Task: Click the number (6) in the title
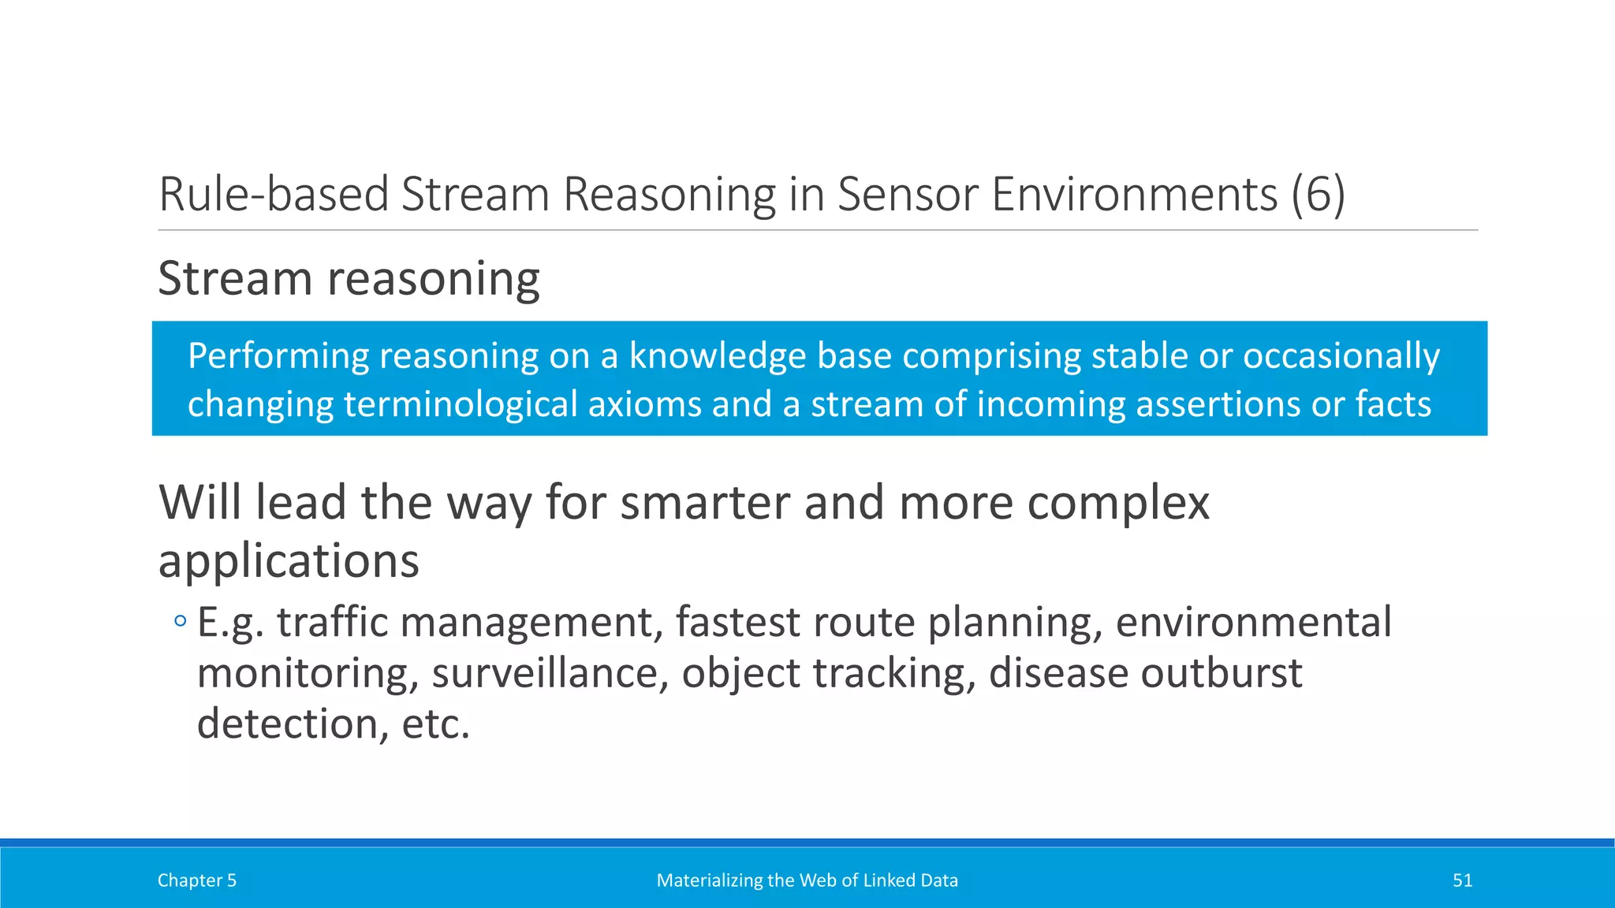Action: click(x=1318, y=194)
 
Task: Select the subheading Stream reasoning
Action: click(x=349, y=278)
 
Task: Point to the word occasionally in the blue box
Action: click(x=1341, y=355)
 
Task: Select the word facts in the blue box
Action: click(x=1393, y=404)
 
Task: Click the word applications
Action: click(x=289, y=561)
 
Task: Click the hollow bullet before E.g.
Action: click(x=181, y=622)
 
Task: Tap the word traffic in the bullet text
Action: click(x=333, y=622)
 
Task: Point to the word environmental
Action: click(x=1253, y=622)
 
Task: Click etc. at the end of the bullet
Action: click(x=435, y=724)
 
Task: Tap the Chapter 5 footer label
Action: click(x=196, y=880)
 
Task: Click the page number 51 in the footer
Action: click(x=1462, y=880)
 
